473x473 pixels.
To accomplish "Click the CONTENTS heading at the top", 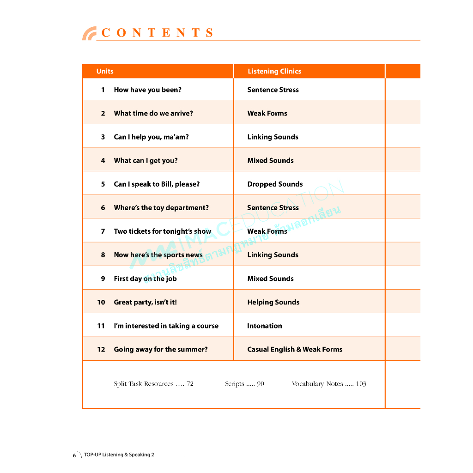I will point(158,33).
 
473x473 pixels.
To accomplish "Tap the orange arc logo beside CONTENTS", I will point(89,34).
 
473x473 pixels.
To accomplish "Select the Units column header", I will point(105,71).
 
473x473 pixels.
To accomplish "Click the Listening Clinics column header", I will point(274,71).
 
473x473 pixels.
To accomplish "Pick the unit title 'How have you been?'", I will point(147,90).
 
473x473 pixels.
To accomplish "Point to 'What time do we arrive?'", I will point(153,113).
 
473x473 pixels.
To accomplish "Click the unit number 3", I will point(103,137).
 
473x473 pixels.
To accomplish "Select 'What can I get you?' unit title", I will point(146,160).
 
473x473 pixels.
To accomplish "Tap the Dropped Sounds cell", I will point(275,184).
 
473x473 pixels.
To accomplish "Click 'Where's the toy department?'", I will point(161,207).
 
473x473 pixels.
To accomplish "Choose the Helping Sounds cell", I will point(273,302).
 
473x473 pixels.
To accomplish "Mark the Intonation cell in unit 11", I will point(264,326).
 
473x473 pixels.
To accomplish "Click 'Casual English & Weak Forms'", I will point(295,349).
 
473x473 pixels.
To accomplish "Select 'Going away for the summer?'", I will point(161,349).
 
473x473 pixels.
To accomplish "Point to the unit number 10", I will point(101,302).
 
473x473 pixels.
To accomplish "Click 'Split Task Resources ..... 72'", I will point(153,384).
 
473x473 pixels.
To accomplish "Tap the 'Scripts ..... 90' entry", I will point(244,384).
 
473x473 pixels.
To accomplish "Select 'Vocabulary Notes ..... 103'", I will point(329,384).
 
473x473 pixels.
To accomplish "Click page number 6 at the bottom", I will point(74,455).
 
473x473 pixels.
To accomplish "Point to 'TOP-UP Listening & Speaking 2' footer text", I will point(119,455).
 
